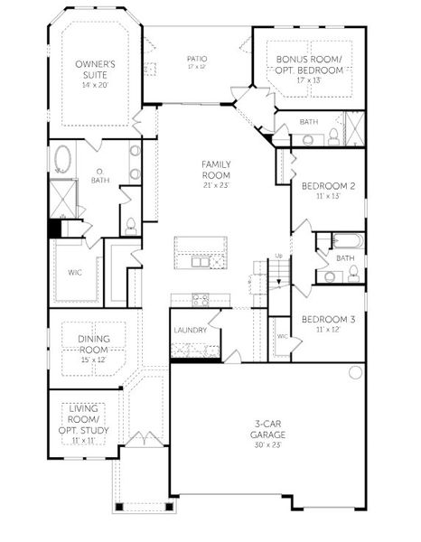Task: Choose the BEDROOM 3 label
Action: (327, 319)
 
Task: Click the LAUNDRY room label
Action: (191, 330)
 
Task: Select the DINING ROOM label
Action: (87, 344)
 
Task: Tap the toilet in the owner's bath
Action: (130, 224)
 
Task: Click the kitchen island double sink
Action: (200, 262)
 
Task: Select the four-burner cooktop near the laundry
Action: (200, 299)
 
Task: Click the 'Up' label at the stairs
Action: (278, 256)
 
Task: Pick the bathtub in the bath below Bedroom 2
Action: (347, 241)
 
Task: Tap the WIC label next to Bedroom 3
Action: (282, 335)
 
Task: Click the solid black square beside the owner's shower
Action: (54, 229)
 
